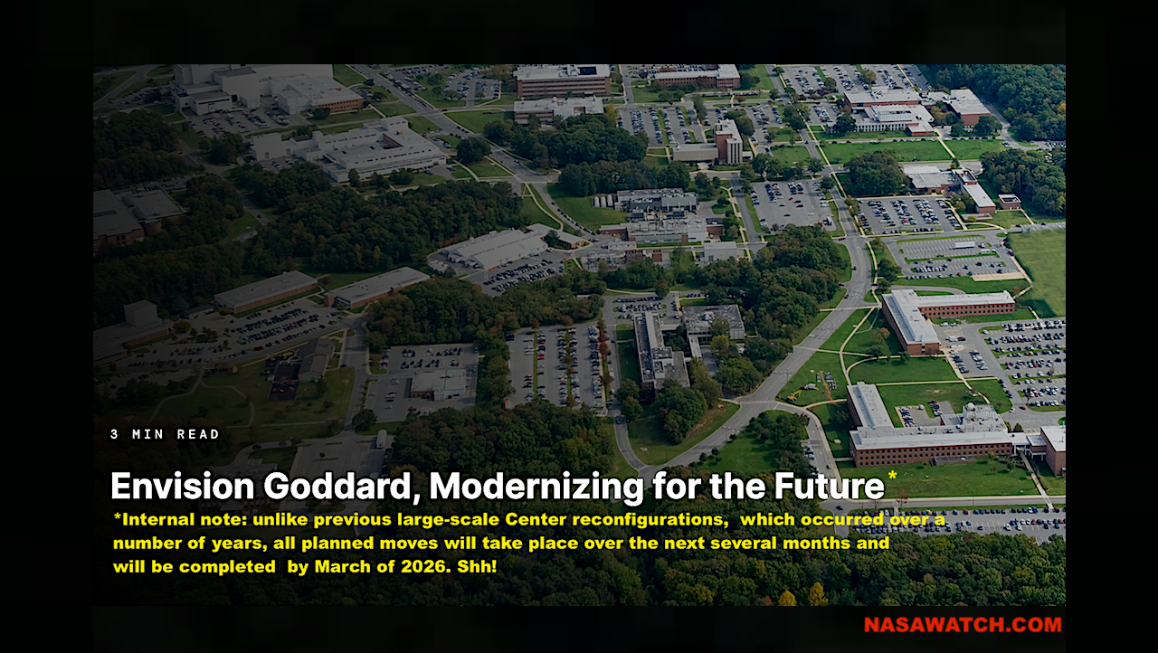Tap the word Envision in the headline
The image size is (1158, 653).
tap(182, 487)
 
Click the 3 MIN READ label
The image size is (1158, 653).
tap(166, 434)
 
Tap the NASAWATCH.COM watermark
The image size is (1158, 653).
tap(962, 625)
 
